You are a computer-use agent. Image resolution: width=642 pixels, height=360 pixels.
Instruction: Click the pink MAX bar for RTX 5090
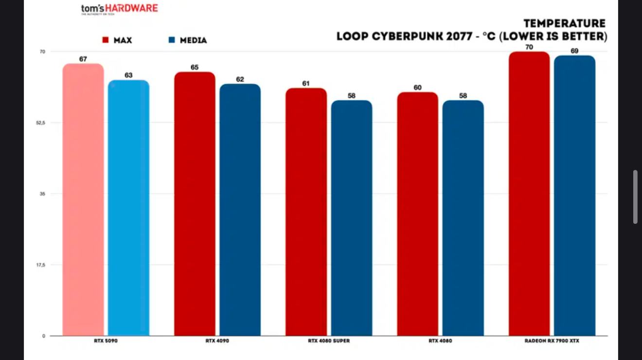(x=83, y=199)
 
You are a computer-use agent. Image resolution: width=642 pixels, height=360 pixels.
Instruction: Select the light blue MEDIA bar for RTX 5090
(x=128, y=208)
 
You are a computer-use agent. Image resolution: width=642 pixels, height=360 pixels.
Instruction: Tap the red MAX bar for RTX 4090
(x=195, y=204)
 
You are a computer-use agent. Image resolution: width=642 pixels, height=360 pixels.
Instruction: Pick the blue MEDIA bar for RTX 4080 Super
(x=352, y=218)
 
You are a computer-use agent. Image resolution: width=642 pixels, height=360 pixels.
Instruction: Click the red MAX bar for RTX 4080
(x=418, y=214)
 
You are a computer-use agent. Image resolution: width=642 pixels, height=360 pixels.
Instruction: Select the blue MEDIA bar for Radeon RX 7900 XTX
(x=574, y=196)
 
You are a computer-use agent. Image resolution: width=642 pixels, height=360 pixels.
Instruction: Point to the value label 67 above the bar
(x=83, y=59)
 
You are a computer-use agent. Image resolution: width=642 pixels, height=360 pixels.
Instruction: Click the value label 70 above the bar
(x=529, y=47)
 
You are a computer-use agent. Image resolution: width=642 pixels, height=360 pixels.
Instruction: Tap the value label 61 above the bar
(x=306, y=83)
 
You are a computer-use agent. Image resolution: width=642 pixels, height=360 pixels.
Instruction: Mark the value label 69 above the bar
(x=574, y=51)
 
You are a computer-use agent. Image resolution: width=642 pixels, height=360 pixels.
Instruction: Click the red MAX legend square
(x=105, y=40)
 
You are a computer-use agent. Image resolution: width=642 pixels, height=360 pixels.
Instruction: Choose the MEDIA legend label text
(x=194, y=40)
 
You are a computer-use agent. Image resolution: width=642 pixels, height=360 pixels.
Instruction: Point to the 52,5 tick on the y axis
(x=40, y=123)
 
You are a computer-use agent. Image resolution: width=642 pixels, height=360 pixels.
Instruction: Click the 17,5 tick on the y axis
(x=40, y=265)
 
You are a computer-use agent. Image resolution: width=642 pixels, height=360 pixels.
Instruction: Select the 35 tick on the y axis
(x=42, y=194)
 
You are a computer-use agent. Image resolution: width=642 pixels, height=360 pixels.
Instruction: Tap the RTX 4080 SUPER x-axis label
(x=329, y=341)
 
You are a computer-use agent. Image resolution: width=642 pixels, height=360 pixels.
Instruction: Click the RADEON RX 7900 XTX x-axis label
(x=552, y=341)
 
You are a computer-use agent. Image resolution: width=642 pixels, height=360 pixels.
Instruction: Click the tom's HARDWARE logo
(x=119, y=9)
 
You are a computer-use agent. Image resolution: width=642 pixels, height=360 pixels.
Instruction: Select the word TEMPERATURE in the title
(x=565, y=23)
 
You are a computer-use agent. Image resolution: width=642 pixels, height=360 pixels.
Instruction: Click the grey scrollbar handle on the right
(x=635, y=197)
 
